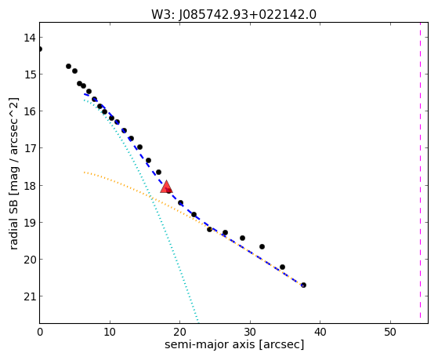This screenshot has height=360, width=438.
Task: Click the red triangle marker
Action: [x=166, y=187]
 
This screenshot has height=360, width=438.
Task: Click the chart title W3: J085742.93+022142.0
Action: [x=233, y=15]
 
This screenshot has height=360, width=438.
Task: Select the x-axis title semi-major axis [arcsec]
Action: [x=234, y=344]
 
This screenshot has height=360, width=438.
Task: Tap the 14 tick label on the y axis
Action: [x=29, y=38]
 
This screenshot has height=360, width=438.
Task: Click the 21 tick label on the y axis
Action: [x=29, y=296]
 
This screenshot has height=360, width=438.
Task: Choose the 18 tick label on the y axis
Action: [x=29, y=185]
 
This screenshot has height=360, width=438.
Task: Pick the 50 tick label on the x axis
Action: [x=390, y=332]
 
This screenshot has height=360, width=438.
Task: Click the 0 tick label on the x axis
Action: [x=40, y=332]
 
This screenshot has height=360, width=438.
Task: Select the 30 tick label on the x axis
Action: [x=250, y=332]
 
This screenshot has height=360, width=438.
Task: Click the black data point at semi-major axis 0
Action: [x=40, y=49]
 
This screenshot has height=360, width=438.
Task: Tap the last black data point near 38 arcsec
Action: [x=303, y=285]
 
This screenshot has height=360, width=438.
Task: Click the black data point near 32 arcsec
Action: [x=262, y=247]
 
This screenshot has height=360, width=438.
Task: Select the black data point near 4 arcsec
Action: [x=68, y=67]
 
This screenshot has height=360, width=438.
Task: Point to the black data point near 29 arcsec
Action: [x=242, y=238]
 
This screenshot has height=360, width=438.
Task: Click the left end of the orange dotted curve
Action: [x=84, y=173]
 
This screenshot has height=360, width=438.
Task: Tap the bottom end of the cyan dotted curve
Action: [x=198, y=321]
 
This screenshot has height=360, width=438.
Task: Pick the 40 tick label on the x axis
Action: [x=320, y=332]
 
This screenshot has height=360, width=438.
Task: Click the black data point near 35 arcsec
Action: [x=282, y=267]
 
